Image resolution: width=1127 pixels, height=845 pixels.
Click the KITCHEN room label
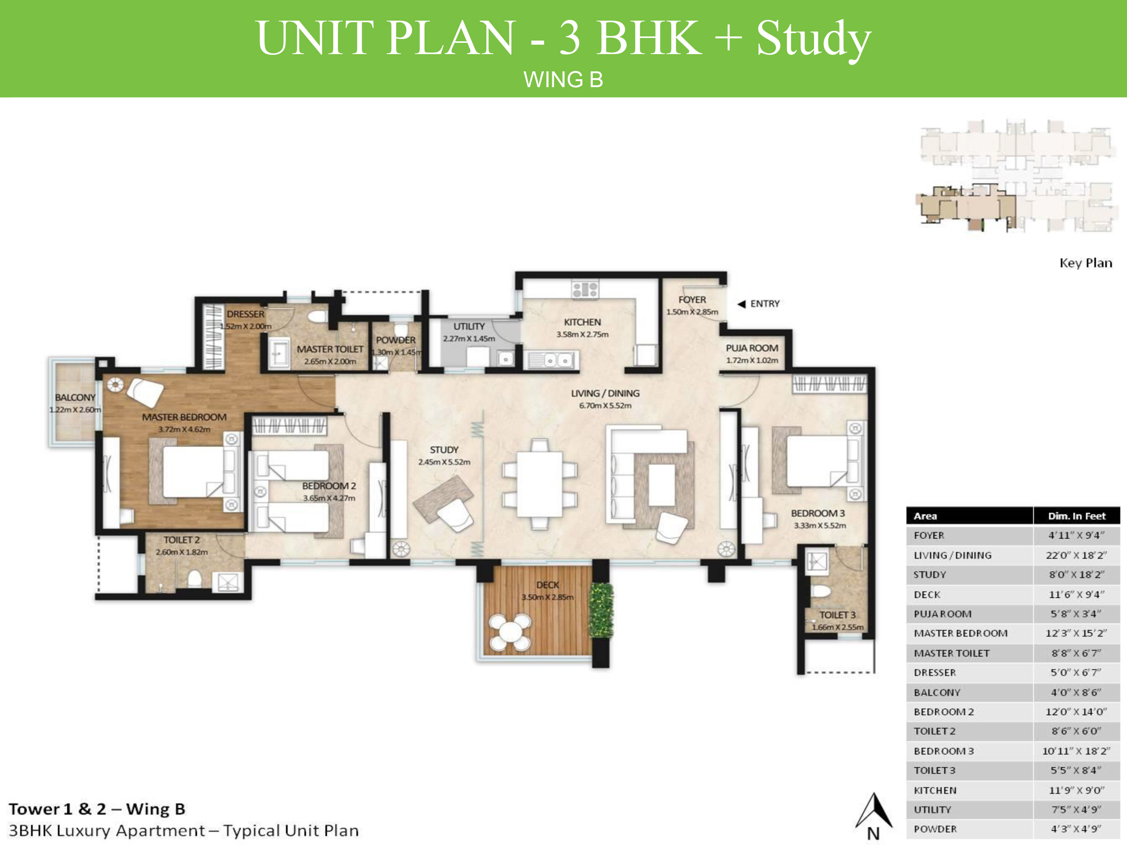coord(582,322)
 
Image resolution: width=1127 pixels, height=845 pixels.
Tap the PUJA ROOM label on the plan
coord(752,348)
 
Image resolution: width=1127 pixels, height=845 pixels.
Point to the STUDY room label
coord(444,450)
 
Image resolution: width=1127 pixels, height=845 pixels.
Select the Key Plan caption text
coord(1085,263)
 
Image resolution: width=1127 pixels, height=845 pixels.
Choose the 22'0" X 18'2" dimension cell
coord(1077,555)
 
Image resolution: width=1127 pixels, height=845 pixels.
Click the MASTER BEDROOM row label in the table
coord(961,633)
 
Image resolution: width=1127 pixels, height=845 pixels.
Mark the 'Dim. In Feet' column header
coord(1077,516)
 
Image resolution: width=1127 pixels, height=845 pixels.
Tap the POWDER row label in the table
coord(935,829)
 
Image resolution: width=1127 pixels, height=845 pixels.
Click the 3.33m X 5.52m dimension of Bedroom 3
coord(820,525)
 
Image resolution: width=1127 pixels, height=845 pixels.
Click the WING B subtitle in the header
coord(563,80)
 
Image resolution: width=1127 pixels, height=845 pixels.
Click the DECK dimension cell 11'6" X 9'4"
coord(1077,595)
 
